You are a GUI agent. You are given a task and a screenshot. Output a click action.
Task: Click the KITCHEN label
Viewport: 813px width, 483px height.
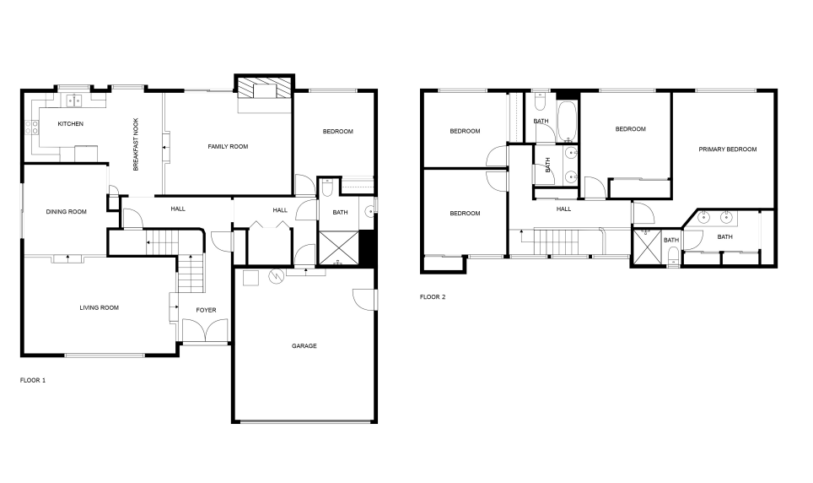(70, 124)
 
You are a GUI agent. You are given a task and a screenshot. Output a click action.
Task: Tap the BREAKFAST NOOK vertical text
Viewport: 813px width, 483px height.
(136, 145)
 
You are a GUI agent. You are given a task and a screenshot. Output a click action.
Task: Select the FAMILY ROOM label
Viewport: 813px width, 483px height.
(228, 147)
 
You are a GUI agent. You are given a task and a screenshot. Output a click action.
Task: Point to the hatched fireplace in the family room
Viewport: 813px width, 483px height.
(264, 89)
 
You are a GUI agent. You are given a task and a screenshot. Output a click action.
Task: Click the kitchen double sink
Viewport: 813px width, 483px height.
(73, 100)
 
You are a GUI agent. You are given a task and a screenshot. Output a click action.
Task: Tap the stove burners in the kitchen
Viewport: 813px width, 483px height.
(33, 128)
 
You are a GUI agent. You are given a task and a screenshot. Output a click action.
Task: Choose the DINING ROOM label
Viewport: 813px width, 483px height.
(66, 212)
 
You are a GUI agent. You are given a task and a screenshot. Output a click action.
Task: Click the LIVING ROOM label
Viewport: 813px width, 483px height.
(99, 308)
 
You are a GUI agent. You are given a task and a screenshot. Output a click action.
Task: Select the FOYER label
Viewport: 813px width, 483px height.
(206, 310)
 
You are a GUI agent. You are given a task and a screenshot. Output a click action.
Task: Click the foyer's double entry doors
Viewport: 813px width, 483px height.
(206, 332)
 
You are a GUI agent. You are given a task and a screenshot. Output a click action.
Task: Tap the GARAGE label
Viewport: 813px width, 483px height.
(304, 345)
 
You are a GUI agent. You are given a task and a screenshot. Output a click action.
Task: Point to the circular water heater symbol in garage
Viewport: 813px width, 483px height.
(276, 275)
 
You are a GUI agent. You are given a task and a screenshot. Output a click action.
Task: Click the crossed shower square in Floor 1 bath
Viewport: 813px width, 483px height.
(337, 248)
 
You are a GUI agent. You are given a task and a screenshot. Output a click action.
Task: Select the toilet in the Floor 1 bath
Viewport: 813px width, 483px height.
(329, 187)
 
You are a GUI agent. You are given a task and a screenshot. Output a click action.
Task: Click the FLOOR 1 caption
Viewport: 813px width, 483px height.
(33, 380)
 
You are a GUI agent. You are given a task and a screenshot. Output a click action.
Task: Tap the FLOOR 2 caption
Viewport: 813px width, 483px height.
(433, 296)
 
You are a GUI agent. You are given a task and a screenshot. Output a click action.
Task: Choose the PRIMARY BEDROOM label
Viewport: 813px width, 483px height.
(727, 149)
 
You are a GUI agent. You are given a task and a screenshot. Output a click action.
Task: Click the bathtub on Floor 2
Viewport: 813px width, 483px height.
(568, 120)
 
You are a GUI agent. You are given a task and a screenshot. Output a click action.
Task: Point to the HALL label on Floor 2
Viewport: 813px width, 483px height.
(563, 209)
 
